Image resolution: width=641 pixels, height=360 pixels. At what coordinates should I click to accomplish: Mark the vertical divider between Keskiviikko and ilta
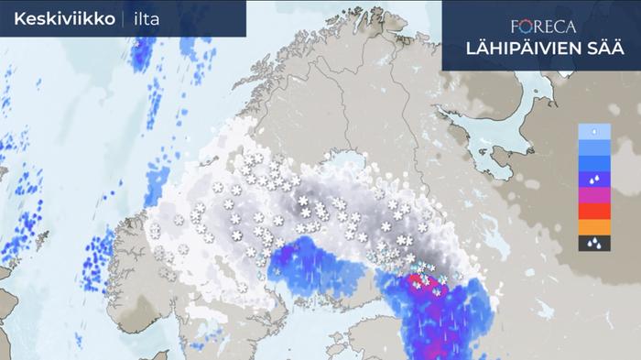click(x=123, y=18)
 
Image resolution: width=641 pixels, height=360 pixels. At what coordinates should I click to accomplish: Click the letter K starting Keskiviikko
click(x=19, y=18)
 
